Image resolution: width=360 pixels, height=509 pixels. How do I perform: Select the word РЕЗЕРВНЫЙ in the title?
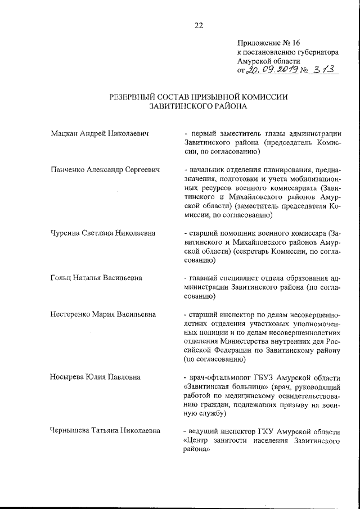point(134,97)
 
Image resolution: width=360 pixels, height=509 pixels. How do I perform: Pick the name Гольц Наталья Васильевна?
point(96,278)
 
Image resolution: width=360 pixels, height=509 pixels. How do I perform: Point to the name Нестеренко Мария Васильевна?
point(103,314)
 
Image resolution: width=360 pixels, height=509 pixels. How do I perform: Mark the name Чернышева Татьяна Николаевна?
point(105,431)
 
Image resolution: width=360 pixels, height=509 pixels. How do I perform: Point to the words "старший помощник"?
point(223,233)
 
